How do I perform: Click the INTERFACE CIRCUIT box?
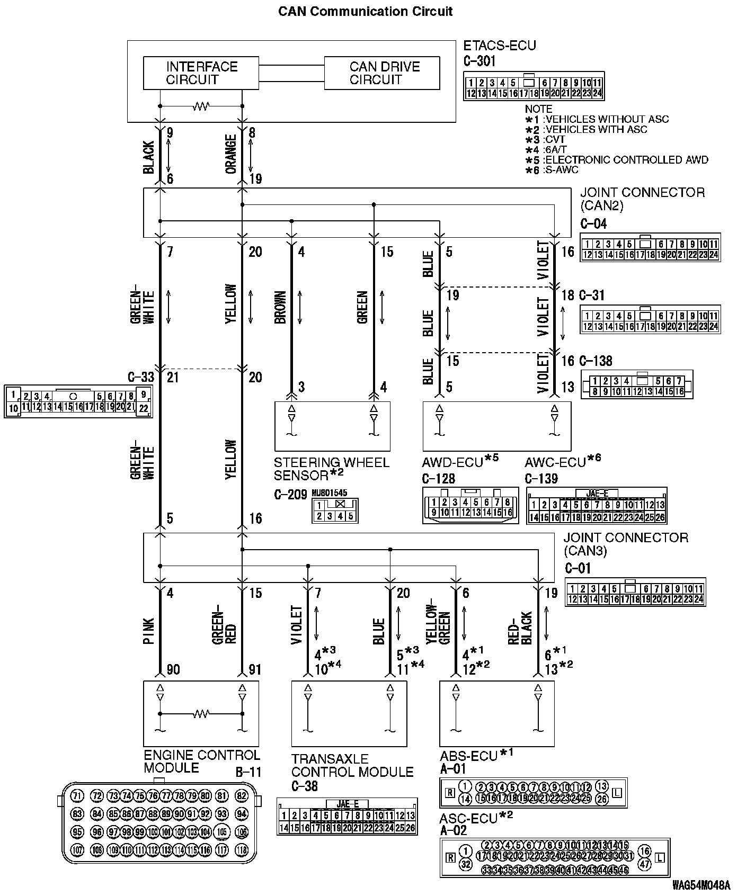click(x=201, y=73)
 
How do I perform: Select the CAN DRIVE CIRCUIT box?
click(x=381, y=73)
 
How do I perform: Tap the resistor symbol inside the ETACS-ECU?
click(x=201, y=106)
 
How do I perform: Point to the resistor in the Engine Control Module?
click(x=201, y=714)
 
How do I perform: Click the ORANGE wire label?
click(x=231, y=154)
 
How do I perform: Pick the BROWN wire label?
click(x=281, y=307)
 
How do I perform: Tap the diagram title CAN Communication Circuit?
click(x=366, y=11)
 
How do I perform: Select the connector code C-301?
click(x=479, y=61)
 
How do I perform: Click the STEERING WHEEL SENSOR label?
click(x=331, y=468)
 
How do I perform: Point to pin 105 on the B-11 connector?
click(x=222, y=831)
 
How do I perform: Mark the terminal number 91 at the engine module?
click(x=255, y=669)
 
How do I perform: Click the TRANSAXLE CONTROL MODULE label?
click(x=352, y=765)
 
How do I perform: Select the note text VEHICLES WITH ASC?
click(x=596, y=129)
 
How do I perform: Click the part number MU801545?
click(x=329, y=493)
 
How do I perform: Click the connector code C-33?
click(x=141, y=377)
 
